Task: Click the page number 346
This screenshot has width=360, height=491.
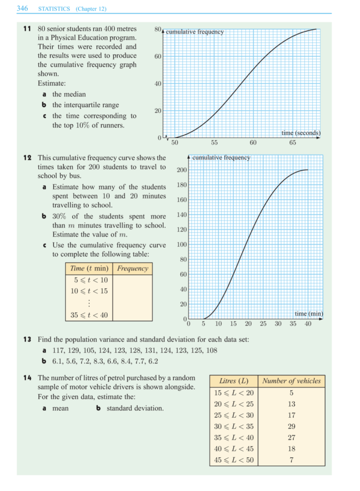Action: pos(22,8)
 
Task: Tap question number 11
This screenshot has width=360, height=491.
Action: pos(27,29)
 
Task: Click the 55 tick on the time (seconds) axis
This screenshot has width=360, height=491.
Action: pos(214,142)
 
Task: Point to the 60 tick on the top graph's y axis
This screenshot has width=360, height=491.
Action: pos(158,56)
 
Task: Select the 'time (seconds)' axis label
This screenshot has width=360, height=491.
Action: pos(301,133)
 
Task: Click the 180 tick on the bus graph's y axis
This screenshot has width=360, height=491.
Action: pos(181,185)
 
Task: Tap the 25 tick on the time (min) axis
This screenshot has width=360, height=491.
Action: pos(263,323)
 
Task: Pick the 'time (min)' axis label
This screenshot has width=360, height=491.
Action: pos(309,314)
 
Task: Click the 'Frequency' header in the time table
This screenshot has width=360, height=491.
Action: pos(133,268)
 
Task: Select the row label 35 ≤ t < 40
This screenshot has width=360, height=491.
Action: pos(89,315)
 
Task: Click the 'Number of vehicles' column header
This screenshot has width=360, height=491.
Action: pos(291,381)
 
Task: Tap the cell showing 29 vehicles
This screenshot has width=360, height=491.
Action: pos(291,426)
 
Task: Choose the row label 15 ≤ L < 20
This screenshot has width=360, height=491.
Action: pos(234,393)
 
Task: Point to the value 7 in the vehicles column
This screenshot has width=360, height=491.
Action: pos(291,460)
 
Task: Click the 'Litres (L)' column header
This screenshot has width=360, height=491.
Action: pos(234,381)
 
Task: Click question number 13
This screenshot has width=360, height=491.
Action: pos(27,339)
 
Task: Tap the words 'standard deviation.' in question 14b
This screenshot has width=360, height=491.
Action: pos(135,408)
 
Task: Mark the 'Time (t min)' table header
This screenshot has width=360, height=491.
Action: pos(89,268)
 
